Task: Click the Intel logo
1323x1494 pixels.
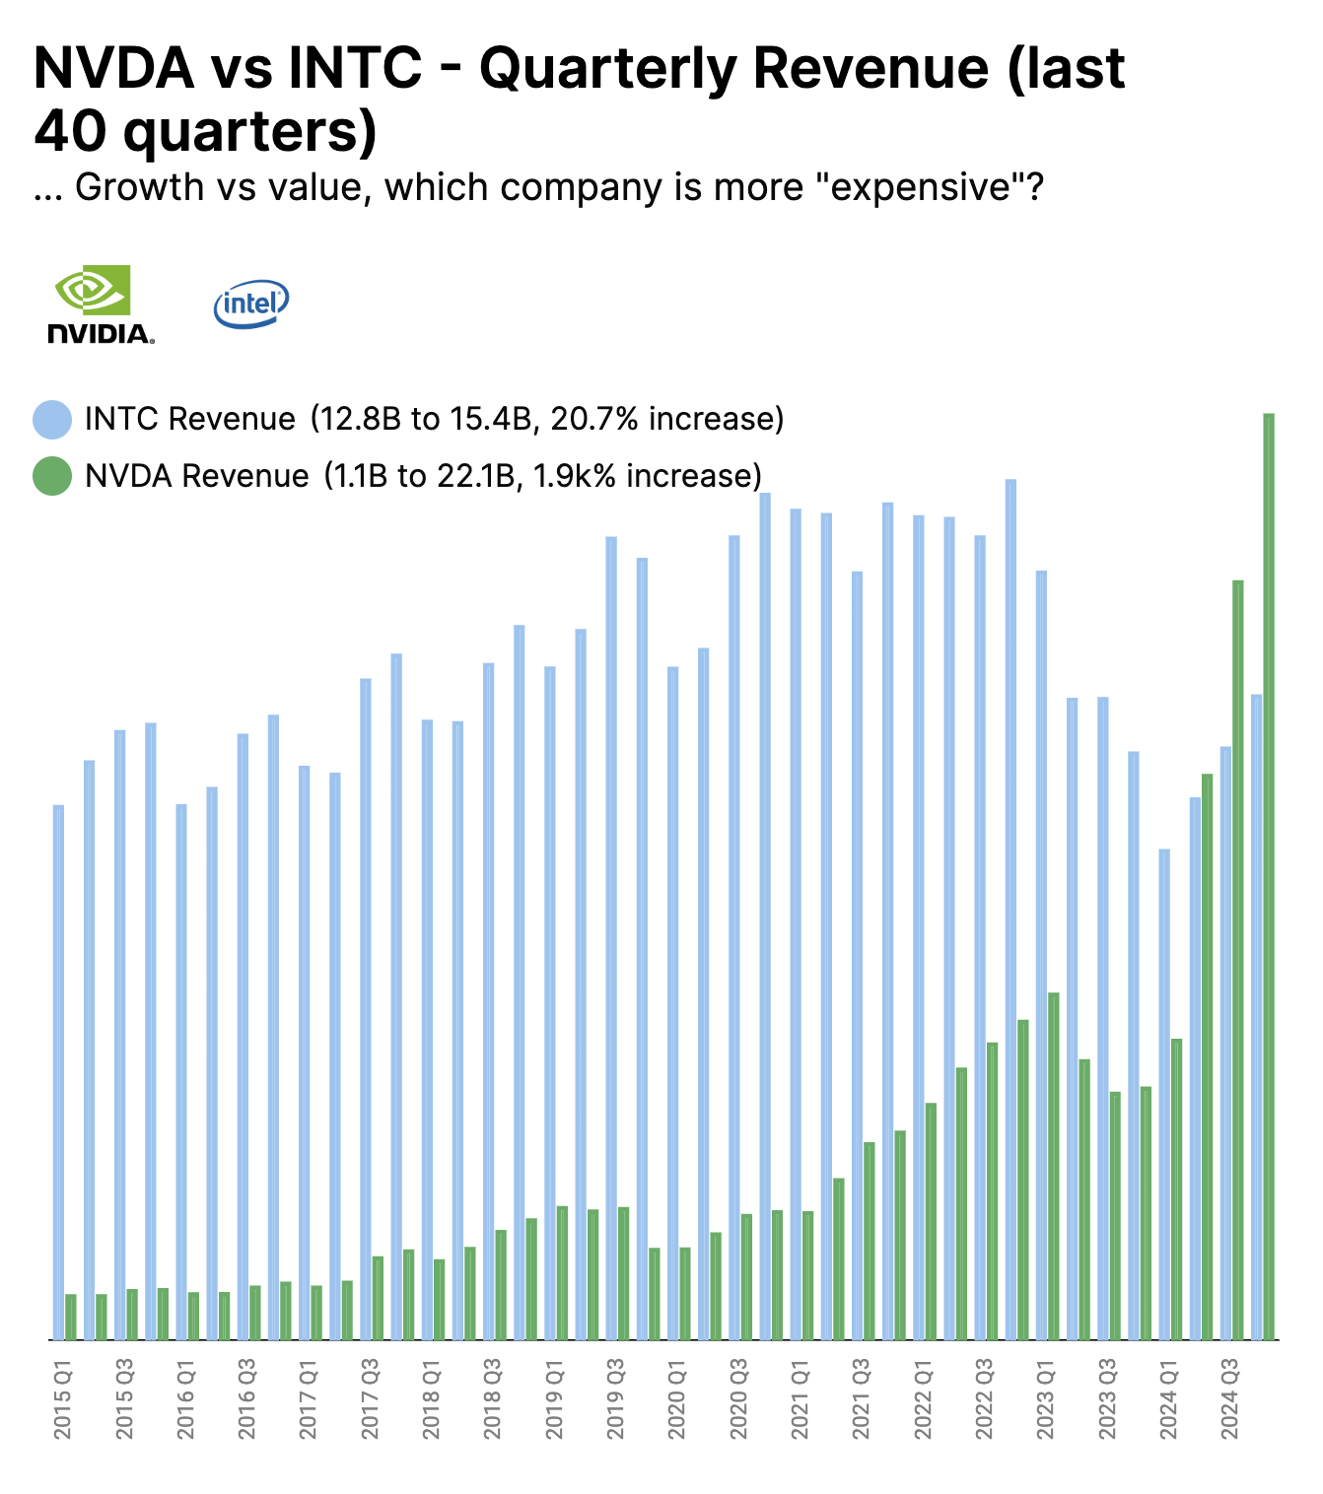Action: click(250, 304)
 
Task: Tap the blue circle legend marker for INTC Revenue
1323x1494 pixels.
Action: click(52, 420)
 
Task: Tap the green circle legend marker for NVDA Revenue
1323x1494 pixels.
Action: click(52, 476)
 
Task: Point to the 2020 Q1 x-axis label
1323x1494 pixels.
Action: click(676, 1399)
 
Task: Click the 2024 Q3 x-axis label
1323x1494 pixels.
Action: click(1229, 1399)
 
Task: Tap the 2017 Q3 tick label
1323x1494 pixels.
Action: click(370, 1399)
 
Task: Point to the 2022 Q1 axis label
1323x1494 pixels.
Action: click(923, 1399)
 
